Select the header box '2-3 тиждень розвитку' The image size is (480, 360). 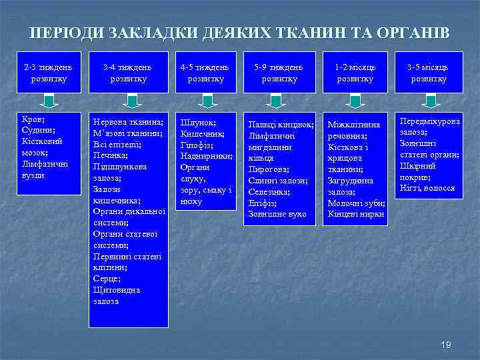(x=48, y=73)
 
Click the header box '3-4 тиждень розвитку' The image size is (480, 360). (x=127, y=73)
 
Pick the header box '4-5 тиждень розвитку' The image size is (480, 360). (x=206, y=73)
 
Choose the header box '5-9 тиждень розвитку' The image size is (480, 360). (x=279, y=73)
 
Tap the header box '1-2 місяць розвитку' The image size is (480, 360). (x=355, y=73)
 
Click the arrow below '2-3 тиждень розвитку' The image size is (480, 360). (x=48, y=102)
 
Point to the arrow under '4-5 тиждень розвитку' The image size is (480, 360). (x=207, y=102)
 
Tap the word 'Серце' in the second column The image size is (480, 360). (x=107, y=279)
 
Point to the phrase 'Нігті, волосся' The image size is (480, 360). (x=427, y=189)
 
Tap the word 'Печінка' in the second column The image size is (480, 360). (x=111, y=155)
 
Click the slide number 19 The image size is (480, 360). (x=446, y=344)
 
